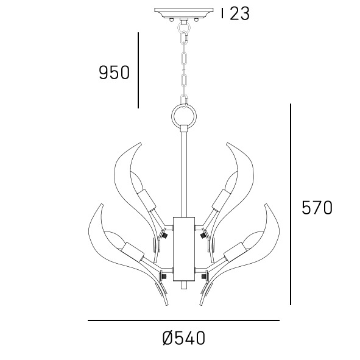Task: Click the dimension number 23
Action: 239,13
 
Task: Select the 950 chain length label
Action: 114,72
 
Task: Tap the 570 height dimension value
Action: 317,208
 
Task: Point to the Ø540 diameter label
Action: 183,338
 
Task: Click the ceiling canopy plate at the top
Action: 184,13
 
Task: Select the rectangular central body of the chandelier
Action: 184,249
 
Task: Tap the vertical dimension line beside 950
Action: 138,70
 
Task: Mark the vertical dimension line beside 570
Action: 291,204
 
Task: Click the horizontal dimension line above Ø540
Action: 184,320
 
